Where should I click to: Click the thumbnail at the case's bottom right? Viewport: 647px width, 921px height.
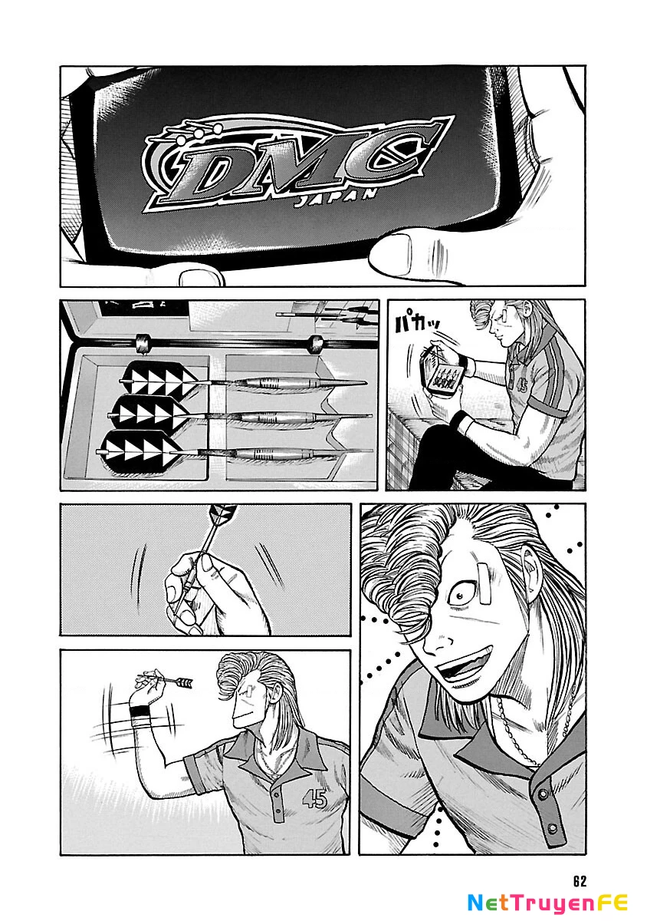tap(399, 251)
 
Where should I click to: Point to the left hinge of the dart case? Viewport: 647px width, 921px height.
tap(141, 341)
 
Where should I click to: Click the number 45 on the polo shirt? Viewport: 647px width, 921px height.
tap(314, 799)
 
